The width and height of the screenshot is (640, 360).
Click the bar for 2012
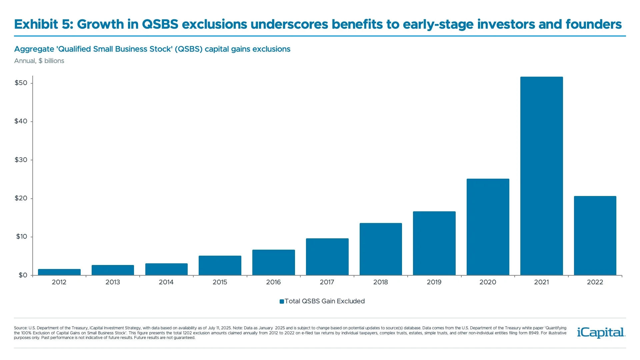pos(59,272)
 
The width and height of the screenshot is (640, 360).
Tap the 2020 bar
pos(488,227)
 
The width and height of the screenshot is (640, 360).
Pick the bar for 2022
pos(595,236)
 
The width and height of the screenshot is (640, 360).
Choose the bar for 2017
pos(327,257)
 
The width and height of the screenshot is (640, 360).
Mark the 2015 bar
pos(220,265)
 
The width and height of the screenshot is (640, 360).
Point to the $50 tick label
pos(21,83)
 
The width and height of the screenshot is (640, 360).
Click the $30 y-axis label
pos(21,160)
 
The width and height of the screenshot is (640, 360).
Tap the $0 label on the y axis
pos(23,275)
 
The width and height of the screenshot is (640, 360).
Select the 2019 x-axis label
pos(434,282)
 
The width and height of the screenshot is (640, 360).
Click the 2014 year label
pos(166,282)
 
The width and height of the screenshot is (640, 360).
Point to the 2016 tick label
pos(273,282)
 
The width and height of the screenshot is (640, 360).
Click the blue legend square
pos(282,302)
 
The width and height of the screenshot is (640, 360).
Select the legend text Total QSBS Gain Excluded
pos(325,301)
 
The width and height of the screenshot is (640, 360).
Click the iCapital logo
pos(601,333)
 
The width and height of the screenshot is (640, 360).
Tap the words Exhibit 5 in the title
pos(43,24)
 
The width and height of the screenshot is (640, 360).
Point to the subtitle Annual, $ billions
pos(39,61)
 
